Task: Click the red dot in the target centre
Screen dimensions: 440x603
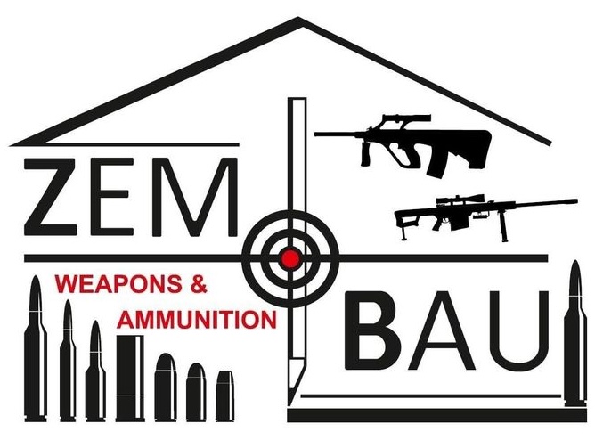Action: coord(289,258)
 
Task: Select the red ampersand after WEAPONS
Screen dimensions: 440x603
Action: coord(199,286)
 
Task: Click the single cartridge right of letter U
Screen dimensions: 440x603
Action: coord(576,334)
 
